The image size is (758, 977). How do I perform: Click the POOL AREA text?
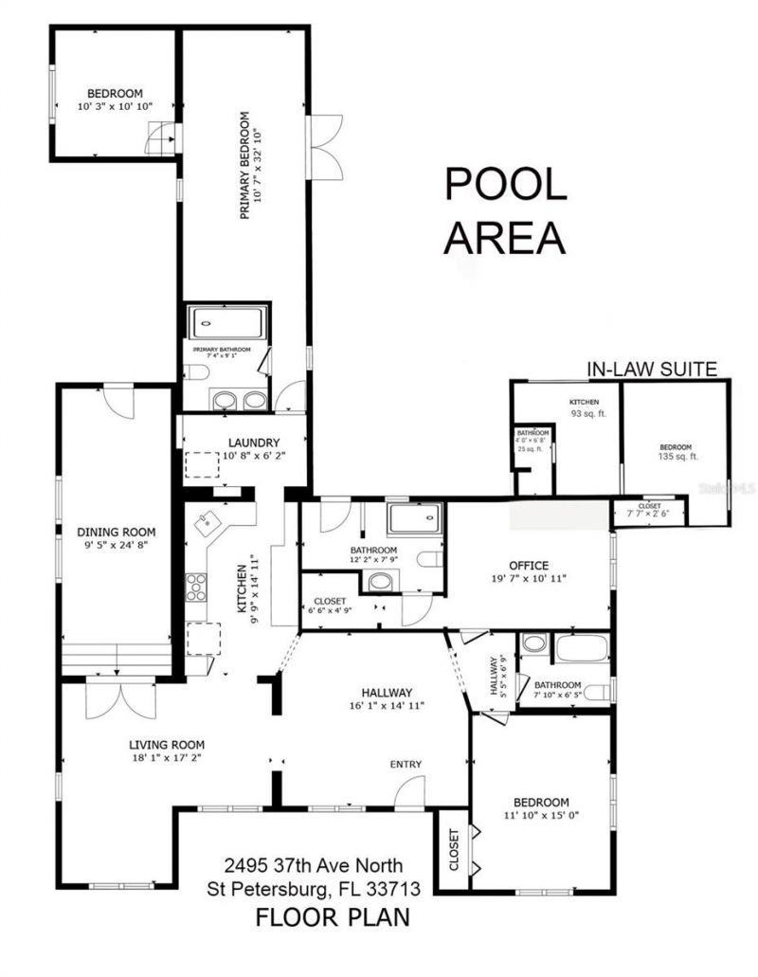(506, 210)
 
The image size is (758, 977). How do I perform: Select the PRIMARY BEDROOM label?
(244, 166)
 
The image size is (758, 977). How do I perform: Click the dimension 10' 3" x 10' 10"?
(115, 107)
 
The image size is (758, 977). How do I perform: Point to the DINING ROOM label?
(116, 532)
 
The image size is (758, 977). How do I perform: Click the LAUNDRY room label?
(253, 442)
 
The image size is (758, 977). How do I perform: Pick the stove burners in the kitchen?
(196, 588)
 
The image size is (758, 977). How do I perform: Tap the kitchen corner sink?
(208, 520)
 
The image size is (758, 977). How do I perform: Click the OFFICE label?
(529, 565)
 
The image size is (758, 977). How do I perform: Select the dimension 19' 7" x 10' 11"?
(529, 578)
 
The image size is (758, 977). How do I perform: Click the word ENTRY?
(406, 765)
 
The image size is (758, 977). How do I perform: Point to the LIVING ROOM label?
(168, 744)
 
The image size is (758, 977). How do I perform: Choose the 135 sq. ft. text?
(676, 457)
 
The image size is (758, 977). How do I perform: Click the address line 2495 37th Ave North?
(314, 865)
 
